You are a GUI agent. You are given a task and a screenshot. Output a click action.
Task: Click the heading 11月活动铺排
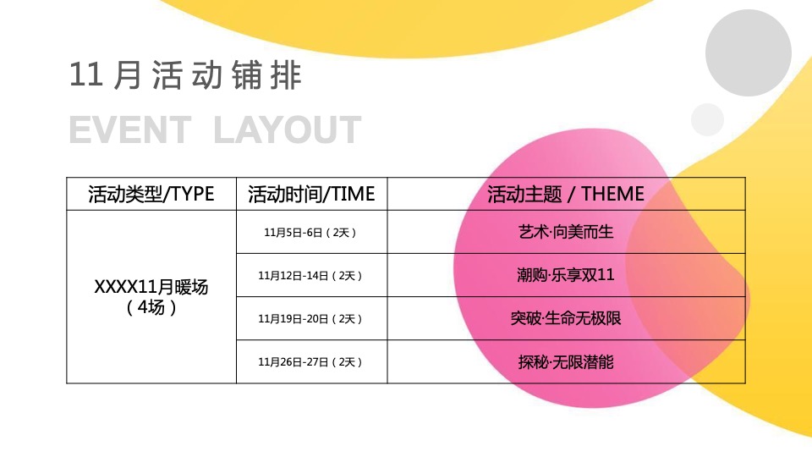click(185, 76)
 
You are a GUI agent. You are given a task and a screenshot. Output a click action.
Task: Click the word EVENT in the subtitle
click(129, 130)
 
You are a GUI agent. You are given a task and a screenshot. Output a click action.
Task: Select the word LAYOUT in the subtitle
click(288, 130)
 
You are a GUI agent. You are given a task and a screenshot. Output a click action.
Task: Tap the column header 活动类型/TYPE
click(151, 194)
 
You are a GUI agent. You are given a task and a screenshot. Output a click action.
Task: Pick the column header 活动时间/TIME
click(311, 194)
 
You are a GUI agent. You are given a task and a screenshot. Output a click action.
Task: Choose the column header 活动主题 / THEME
click(566, 194)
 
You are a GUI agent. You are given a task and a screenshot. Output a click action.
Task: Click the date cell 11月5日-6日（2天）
click(311, 232)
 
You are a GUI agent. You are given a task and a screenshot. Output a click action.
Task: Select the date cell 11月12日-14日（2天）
click(311, 275)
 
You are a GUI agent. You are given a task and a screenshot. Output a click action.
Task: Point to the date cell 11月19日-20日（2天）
click(311, 319)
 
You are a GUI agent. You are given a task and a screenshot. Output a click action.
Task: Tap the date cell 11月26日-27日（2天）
click(311, 362)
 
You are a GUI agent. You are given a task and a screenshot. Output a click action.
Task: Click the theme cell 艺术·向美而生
click(566, 232)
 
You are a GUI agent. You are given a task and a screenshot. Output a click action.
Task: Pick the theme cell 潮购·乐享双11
click(566, 275)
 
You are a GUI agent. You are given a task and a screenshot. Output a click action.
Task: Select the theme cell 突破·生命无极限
click(566, 319)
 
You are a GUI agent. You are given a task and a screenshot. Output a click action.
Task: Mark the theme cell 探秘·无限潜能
click(566, 362)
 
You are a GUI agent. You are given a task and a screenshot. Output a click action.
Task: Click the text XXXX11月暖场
click(151, 287)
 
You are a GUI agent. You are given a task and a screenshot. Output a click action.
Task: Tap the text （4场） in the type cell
click(151, 307)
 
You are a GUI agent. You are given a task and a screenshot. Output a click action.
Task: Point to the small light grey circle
click(707, 119)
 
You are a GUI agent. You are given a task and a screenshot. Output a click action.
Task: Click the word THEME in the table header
click(613, 194)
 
